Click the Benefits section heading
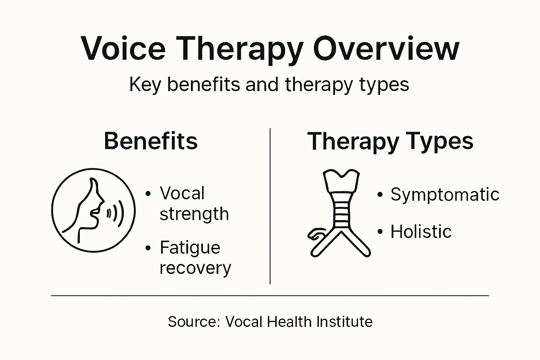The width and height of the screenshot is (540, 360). click(x=151, y=141)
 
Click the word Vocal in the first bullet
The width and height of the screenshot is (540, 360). click(x=182, y=193)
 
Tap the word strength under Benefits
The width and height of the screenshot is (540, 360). click(x=194, y=214)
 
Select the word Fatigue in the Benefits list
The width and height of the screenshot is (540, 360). click(x=190, y=248)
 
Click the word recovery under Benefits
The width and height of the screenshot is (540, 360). click(x=195, y=268)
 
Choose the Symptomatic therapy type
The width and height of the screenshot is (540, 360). click(x=445, y=194)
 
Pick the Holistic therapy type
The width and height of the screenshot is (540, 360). click(x=421, y=232)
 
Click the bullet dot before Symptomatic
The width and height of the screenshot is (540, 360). click(x=380, y=194)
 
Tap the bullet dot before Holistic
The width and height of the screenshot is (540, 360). click(x=380, y=232)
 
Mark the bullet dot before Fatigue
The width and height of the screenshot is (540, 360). click(x=148, y=248)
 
